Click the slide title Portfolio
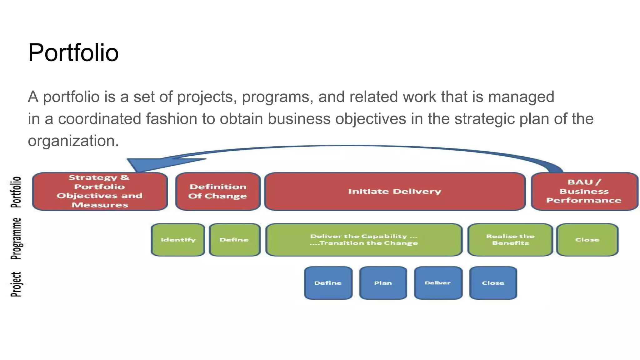[73, 52]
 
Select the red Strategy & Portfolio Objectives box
[100, 191]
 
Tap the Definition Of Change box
[218, 191]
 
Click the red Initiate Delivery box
[395, 191]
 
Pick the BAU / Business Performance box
[584, 191]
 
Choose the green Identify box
[178, 240]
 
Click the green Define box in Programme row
[234, 240]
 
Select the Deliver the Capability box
[364, 240]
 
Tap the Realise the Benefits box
[510, 240]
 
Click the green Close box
[587, 240]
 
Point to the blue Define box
[328, 283]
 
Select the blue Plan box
[383, 283]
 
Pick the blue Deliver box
[438, 283]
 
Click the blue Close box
[493, 283]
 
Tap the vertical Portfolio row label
[16, 192]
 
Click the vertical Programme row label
[16, 239]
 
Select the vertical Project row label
[16, 284]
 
